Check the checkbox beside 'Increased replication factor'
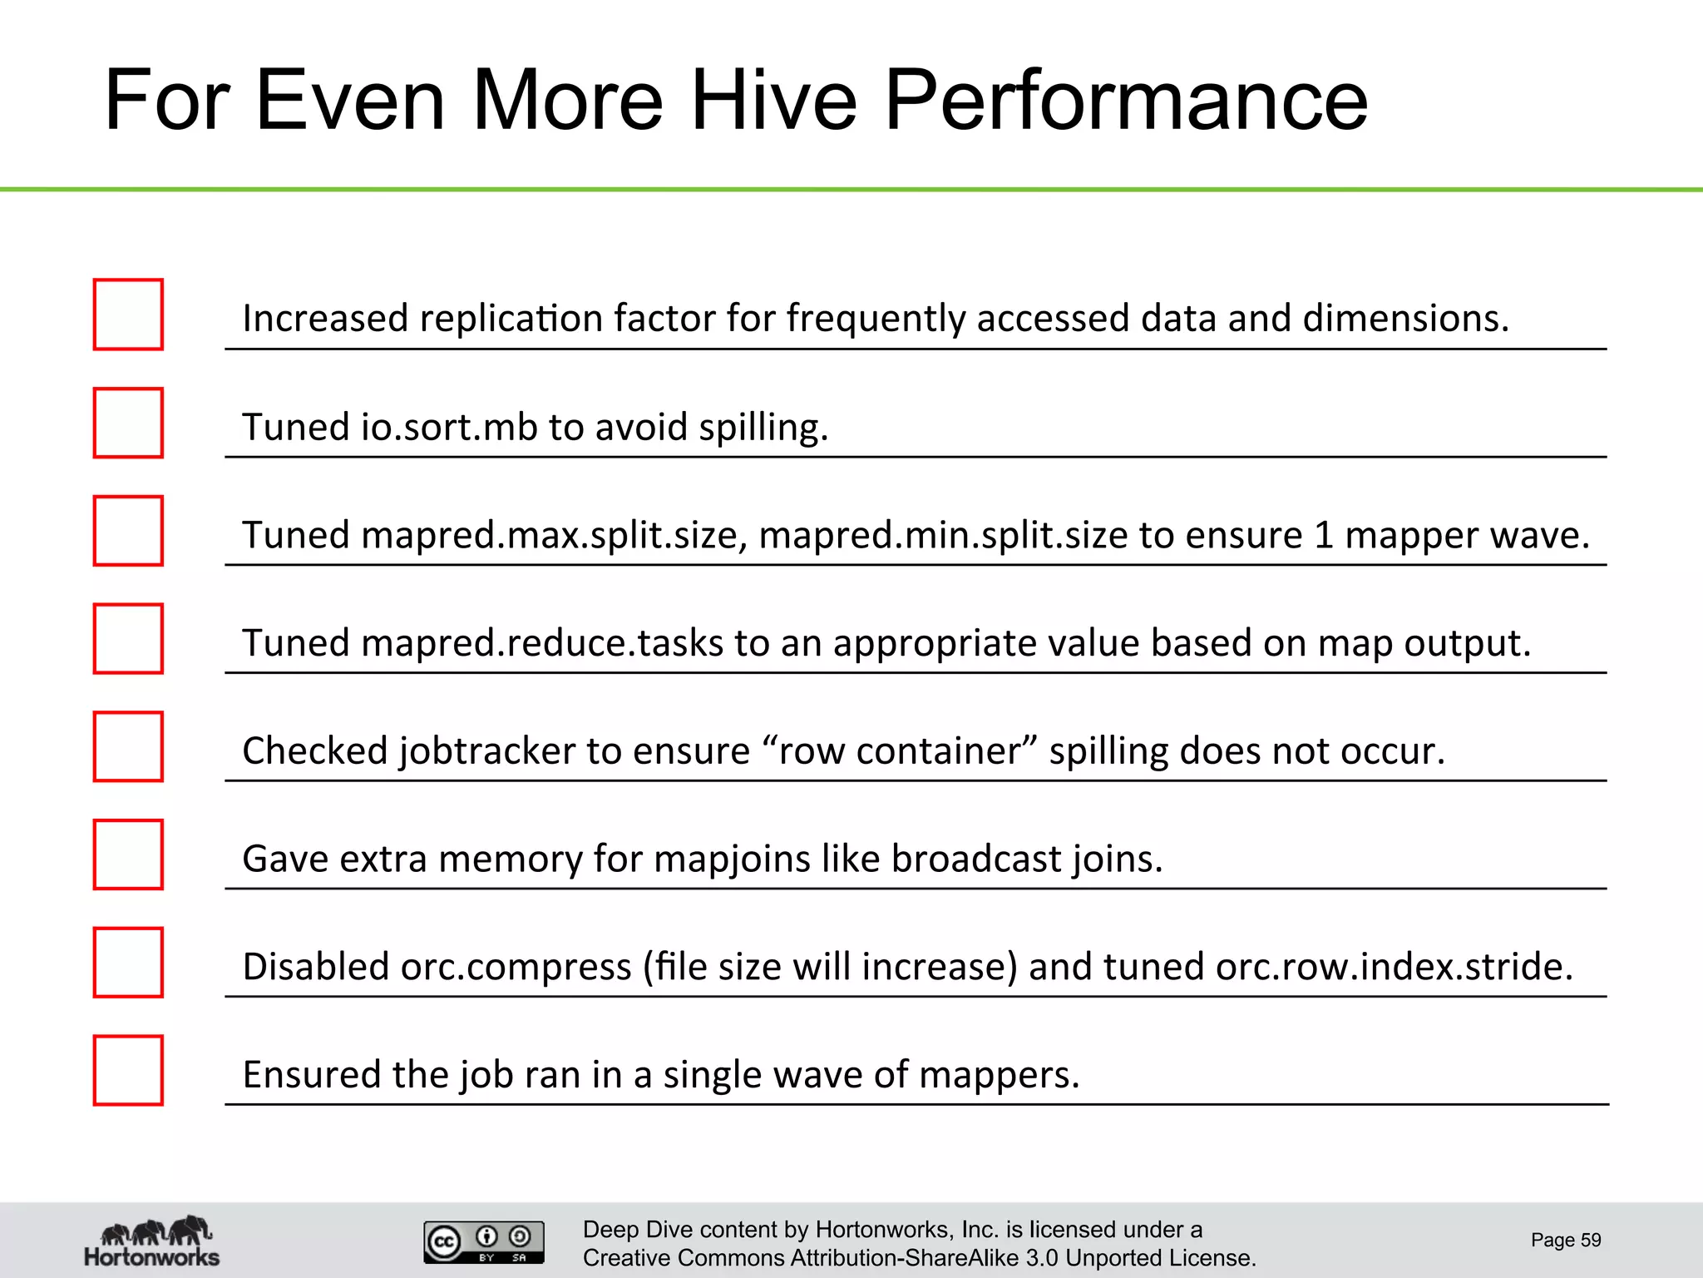point(128,315)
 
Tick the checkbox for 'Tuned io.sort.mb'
point(128,423)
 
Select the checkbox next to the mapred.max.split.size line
point(128,531)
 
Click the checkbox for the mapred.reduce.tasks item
point(128,639)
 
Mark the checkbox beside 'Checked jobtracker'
point(128,747)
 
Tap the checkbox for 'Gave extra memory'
point(128,854)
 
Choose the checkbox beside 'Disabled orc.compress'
point(128,963)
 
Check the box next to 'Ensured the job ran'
point(128,1071)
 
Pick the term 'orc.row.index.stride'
point(1394,967)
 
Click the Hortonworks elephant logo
point(152,1241)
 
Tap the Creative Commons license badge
point(484,1242)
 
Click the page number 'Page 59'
point(1566,1241)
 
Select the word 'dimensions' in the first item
point(1404,319)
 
